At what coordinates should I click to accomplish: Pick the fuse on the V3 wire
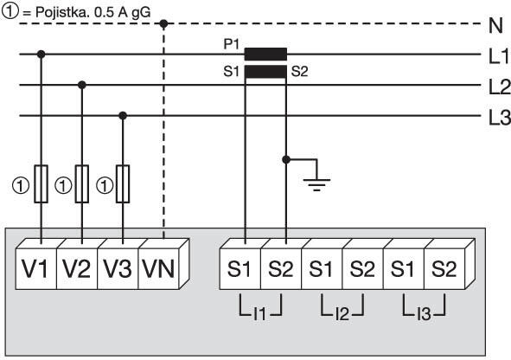coord(123,183)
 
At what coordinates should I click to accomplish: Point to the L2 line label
coord(498,86)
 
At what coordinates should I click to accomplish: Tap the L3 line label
coord(498,117)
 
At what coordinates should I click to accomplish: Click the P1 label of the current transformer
coord(231,42)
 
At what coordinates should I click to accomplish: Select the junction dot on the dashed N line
coord(164,23)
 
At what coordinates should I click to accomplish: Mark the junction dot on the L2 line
coord(82,85)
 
